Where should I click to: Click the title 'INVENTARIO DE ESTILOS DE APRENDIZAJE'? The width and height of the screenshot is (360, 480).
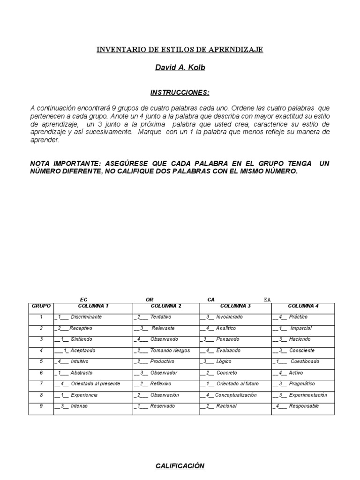point(180,49)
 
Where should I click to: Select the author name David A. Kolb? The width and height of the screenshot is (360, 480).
point(180,68)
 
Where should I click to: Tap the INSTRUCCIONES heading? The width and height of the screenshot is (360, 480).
point(180,92)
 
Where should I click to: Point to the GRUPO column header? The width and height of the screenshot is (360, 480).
point(41,306)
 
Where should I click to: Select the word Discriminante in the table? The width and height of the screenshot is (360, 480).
point(86,317)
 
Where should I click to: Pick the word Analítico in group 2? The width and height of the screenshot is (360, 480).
point(226,328)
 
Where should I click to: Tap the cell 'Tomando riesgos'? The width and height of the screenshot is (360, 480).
point(167,351)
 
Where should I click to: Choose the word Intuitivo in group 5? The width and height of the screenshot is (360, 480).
point(79,361)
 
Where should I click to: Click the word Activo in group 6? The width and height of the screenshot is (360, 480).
point(296,373)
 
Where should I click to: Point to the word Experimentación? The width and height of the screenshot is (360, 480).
point(308,395)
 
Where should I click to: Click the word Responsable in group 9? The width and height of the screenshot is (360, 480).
point(304,406)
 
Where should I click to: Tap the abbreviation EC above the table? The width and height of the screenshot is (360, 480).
point(84,299)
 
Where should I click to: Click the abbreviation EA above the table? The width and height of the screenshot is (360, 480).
point(267,299)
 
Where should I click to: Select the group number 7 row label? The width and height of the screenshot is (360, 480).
point(41,384)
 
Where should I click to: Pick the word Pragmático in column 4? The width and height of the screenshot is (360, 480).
point(302,384)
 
